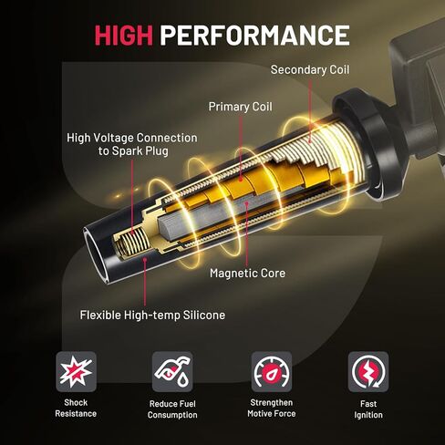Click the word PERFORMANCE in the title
pyautogui.click(x=254, y=36)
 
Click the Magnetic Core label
pyautogui.click(x=247, y=272)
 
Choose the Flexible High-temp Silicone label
pyautogui.click(x=152, y=316)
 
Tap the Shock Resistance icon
pyautogui.click(x=77, y=372)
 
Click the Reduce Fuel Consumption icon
pyautogui.click(x=172, y=372)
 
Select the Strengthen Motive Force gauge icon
pyautogui.click(x=271, y=372)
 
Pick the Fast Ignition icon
pyautogui.click(x=368, y=372)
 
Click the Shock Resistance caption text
pyautogui.click(x=77, y=408)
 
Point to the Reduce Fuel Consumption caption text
pyautogui.click(x=172, y=409)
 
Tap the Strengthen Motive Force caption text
pyautogui.click(x=271, y=408)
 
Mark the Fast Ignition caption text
pyautogui.click(x=368, y=408)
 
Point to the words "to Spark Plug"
pyautogui.click(x=143, y=151)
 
